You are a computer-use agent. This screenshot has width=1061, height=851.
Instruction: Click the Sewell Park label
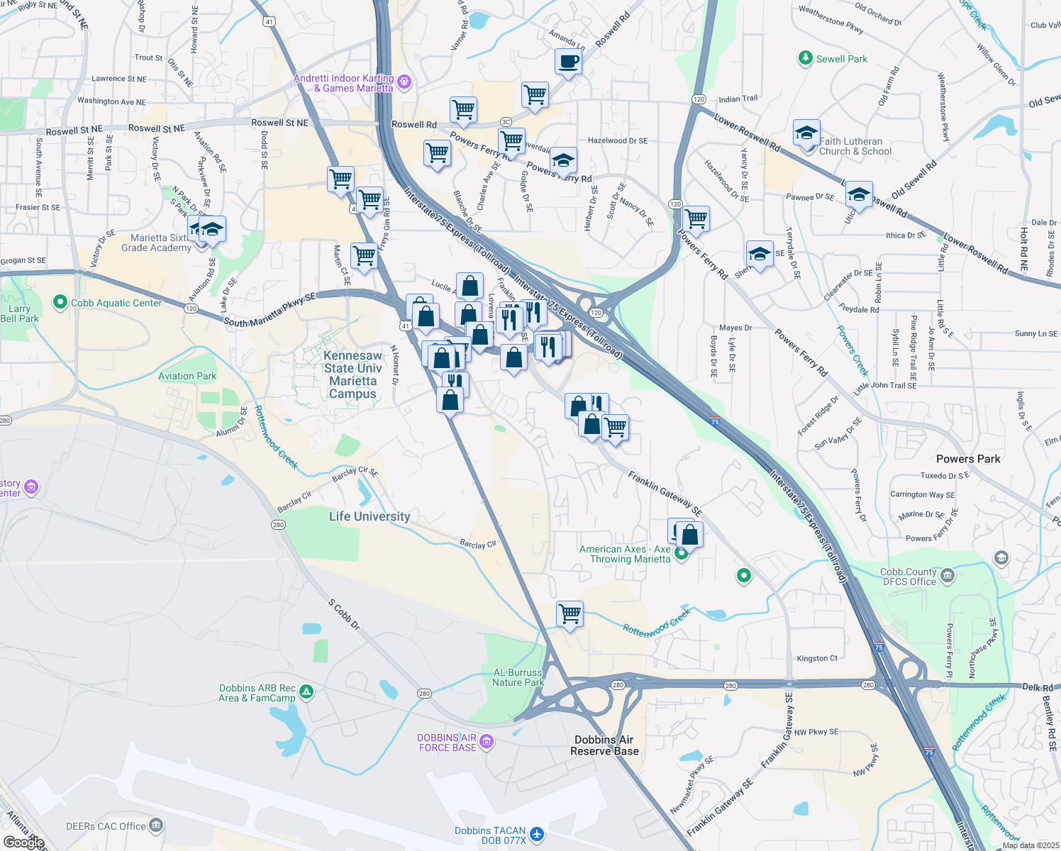coord(841,59)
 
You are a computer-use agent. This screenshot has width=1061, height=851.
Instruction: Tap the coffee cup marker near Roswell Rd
coord(568,62)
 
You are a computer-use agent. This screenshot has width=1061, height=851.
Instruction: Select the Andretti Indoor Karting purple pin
coord(404,82)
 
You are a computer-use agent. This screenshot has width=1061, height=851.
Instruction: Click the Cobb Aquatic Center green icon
coord(60,304)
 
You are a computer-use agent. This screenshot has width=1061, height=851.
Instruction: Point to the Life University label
coord(370,516)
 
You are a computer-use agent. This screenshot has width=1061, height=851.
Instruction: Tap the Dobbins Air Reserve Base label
coord(604,745)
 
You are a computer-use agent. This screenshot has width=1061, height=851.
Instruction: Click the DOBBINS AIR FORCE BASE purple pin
coord(486,742)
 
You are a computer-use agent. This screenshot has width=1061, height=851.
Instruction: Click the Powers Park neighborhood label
coord(968,459)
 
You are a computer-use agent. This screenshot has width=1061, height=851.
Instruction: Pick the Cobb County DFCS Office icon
coord(948,576)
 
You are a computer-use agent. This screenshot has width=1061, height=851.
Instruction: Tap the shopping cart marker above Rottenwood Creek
coord(570,614)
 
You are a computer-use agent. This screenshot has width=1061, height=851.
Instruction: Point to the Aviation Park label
coord(187,376)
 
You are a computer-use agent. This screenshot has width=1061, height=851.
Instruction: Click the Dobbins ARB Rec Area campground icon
coord(306,691)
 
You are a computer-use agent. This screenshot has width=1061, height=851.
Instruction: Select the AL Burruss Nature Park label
coord(518,677)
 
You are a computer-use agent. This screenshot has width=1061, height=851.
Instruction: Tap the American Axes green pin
coord(681,555)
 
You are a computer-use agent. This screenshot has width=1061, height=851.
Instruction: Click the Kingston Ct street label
coord(817,658)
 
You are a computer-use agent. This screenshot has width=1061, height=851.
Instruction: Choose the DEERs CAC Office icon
coord(156,825)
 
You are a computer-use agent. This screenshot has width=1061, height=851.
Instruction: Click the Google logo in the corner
coord(23,842)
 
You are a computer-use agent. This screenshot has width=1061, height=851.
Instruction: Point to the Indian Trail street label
coord(738,99)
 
